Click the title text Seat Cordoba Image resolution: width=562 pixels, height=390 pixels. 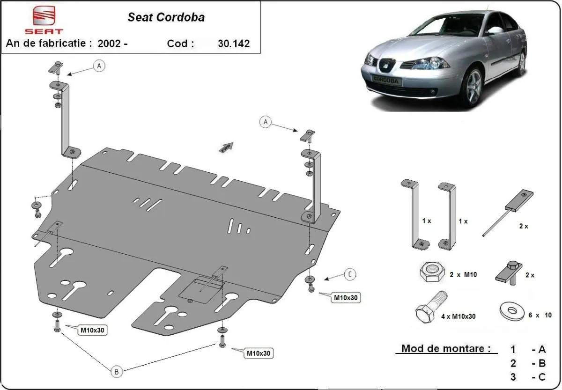(166, 18)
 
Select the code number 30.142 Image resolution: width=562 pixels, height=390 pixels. (234, 44)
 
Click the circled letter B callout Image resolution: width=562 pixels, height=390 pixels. (117, 372)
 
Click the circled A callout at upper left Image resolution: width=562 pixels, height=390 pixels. (99, 66)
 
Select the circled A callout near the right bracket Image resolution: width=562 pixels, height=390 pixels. (266, 122)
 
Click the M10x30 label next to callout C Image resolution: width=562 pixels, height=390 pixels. (347, 297)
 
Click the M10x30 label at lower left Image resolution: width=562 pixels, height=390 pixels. (93, 330)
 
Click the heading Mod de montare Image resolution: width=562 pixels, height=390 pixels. (446, 349)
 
